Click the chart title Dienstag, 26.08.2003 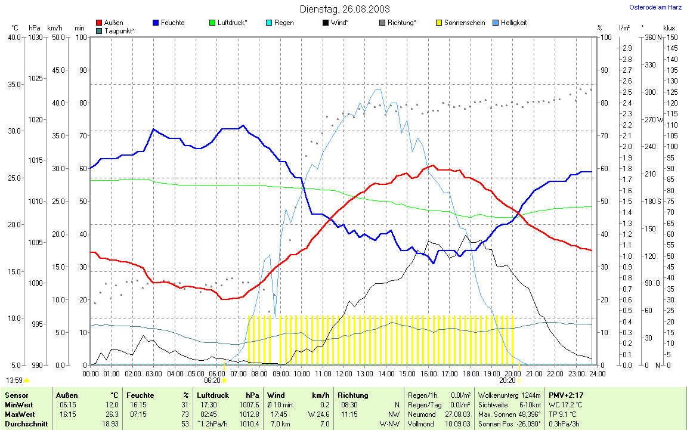(345, 9)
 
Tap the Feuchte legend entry (172, 23)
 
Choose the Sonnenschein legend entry (465, 23)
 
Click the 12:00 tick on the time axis (344, 373)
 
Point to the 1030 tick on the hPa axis (35, 38)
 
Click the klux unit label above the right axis (669, 28)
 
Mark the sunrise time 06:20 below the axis (212, 380)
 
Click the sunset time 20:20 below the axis (507, 380)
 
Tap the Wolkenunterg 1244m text (509, 395)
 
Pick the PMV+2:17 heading (566, 395)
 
